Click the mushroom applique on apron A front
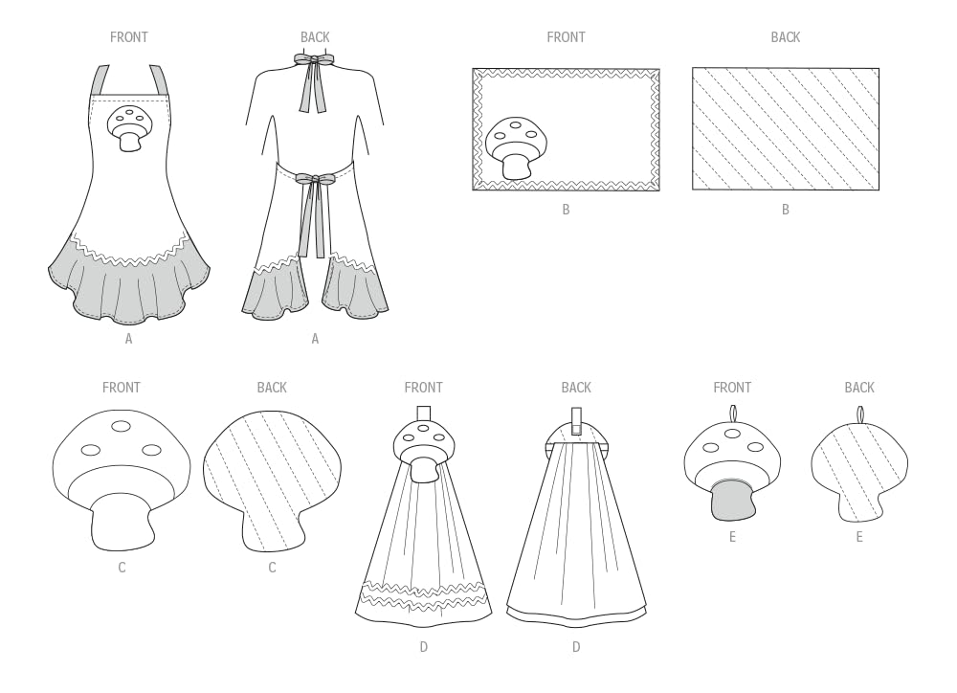130,127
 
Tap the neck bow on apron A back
314,60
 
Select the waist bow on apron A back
314,179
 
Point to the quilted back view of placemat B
785,128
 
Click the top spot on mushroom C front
121,427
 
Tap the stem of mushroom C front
121,522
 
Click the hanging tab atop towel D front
423,414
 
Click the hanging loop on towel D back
576,419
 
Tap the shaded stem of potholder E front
731,500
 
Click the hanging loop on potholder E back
859,414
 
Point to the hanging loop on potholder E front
732,414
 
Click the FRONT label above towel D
423,388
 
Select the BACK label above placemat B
785,37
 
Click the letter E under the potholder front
732,537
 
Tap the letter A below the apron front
128,339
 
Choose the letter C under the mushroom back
272,568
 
